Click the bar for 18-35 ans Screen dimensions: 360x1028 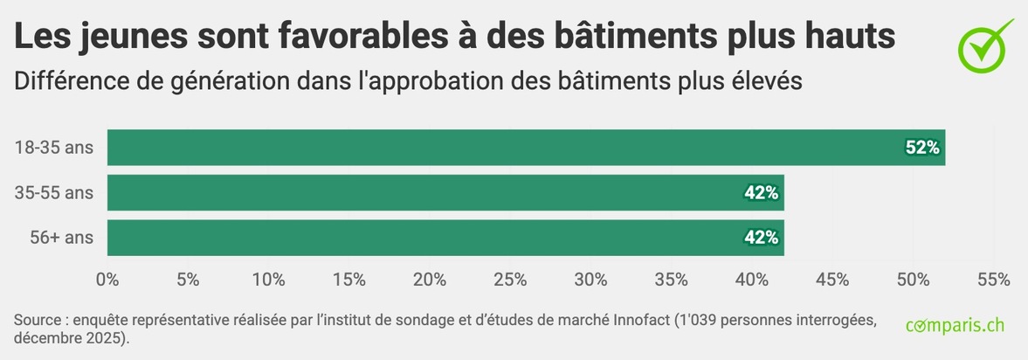pyautogui.click(x=524, y=148)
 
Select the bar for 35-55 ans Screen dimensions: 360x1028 pyautogui.click(x=445, y=193)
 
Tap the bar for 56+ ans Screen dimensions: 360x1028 pyautogui.click(x=445, y=238)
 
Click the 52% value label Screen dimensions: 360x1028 pyautogui.click(x=921, y=149)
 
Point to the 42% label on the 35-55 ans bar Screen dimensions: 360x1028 pyautogui.click(x=761, y=193)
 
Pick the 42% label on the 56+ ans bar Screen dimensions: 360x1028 pyautogui.click(x=761, y=238)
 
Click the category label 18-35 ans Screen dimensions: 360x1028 pyautogui.click(x=53, y=148)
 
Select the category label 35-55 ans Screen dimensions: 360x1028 pyautogui.click(x=53, y=193)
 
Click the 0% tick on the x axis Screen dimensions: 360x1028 pyautogui.click(x=107, y=280)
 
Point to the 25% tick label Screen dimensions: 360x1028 pyautogui.click(x=510, y=280)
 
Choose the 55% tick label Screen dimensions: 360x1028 pyautogui.click(x=993, y=280)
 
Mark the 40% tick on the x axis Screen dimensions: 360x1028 pyautogui.click(x=752, y=280)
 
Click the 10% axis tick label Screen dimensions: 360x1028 pyautogui.click(x=268, y=280)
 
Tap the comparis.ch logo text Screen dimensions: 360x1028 pyautogui.click(x=955, y=326)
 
